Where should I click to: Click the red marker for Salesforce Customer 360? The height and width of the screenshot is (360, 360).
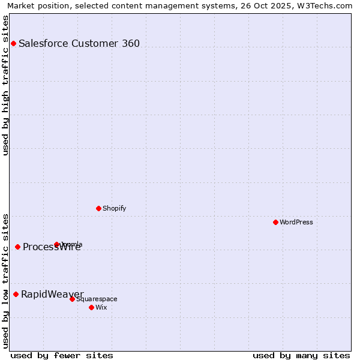point(13,43)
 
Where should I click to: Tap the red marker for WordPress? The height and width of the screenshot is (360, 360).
point(275,222)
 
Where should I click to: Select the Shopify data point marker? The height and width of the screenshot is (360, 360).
point(98,208)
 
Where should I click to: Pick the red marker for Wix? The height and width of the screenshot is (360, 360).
point(91,307)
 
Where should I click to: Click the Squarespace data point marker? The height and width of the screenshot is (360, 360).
point(72,299)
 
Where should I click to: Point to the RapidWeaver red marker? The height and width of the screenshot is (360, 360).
point(16,294)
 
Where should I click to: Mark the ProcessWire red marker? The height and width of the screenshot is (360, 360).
point(17,247)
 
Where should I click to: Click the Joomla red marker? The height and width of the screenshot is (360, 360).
point(56,244)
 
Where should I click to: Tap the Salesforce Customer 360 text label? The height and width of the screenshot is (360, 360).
point(79,43)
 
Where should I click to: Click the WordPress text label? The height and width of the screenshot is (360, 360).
point(296,222)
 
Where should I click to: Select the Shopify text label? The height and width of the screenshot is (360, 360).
point(115,208)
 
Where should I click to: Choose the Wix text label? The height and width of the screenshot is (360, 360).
point(101,307)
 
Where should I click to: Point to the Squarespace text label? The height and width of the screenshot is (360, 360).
point(97,299)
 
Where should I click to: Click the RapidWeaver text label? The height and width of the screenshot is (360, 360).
point(52,294)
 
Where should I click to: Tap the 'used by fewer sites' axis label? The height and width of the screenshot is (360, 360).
point(62,355)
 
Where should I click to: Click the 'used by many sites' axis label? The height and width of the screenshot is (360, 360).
point(301,355)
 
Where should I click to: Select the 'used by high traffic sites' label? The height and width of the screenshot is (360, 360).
point(6,85)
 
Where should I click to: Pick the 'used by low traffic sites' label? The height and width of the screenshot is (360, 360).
point(6,281)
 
